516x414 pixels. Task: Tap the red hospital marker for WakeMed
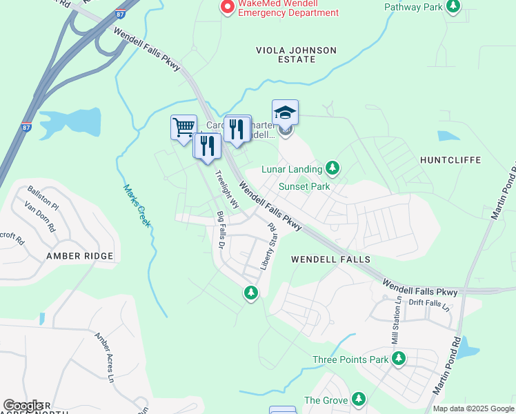(226, 8)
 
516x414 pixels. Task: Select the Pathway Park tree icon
(453, 8)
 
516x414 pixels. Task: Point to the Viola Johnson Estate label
(296, 55)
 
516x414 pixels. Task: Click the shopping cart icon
(183, 128)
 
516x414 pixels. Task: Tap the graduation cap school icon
(285, 112)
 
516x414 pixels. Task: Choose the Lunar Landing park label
(292, 169)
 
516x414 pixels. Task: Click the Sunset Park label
(304, 186)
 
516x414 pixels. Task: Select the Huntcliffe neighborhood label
(449, 159)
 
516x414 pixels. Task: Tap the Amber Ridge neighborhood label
(79, 256)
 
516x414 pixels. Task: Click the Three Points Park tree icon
(398, 359)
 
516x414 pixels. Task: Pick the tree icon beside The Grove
(358, 400)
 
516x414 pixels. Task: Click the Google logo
(23, 406)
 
